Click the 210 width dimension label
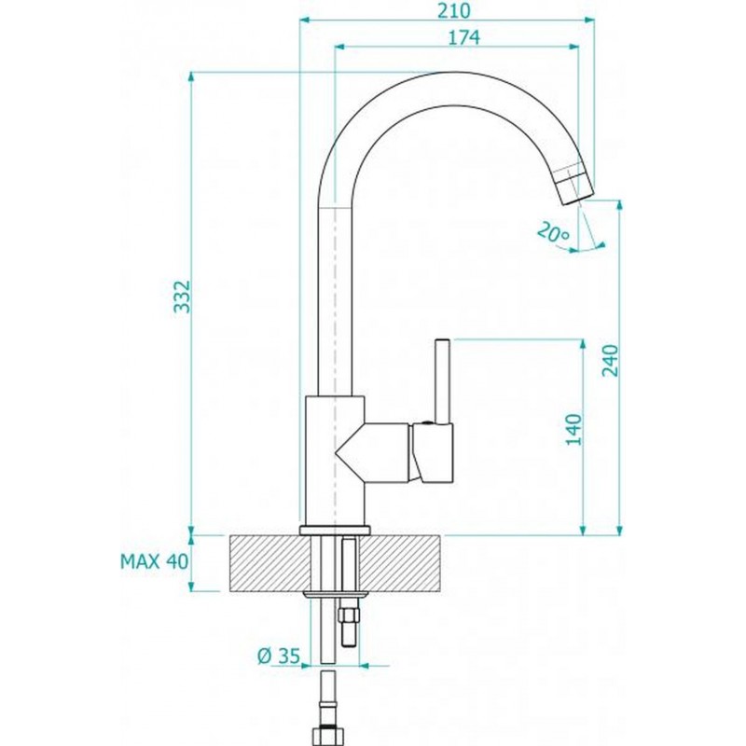coord(454,10)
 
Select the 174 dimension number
coord(463,37)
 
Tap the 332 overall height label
coord(182,297)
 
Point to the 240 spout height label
coord(610,361)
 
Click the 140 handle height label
coord(573,430)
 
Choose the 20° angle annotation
coord(553,231)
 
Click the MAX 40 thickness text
coord(155,562)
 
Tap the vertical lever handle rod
coord(442,380)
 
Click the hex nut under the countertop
coord(349,617)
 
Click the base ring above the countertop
coord(335,530)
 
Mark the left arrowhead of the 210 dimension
coord(305,20)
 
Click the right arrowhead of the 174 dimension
coord(574,47)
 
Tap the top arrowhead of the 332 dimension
coord(191,77)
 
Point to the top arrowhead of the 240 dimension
coord(619,205)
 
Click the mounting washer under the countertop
coord(336,594)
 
